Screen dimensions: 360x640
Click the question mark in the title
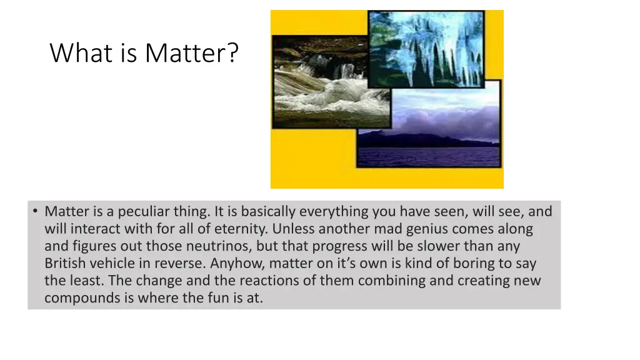click(232, 53)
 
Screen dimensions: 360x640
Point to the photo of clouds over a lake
click(431, 119)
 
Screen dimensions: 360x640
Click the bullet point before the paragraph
click(35, 211)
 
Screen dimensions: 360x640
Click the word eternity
click(235, 229)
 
